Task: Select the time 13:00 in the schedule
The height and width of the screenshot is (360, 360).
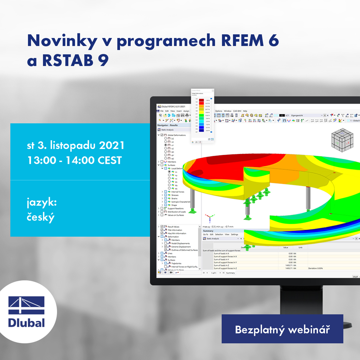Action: click(x=41, y=160)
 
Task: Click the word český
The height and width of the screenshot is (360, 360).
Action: click(x=41, y=217)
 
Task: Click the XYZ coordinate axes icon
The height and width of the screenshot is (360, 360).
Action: click(x=209, y=218)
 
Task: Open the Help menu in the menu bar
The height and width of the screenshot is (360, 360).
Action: click(x=245, y=111)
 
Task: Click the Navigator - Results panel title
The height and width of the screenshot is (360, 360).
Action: click(x=168, y=125)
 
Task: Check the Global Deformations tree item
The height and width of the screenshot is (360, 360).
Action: click(x=176, y=135)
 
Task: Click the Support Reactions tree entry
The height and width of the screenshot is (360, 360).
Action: click(x=175, y=208)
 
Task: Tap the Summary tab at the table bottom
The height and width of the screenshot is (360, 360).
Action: click(x=230, y=273)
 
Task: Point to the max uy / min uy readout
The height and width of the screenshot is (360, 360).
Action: click(x=218, y=227)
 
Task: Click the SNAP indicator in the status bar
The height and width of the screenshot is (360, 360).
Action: click(x=355, y=277)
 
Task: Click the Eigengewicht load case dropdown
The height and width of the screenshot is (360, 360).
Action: click(x=306, y=115)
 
